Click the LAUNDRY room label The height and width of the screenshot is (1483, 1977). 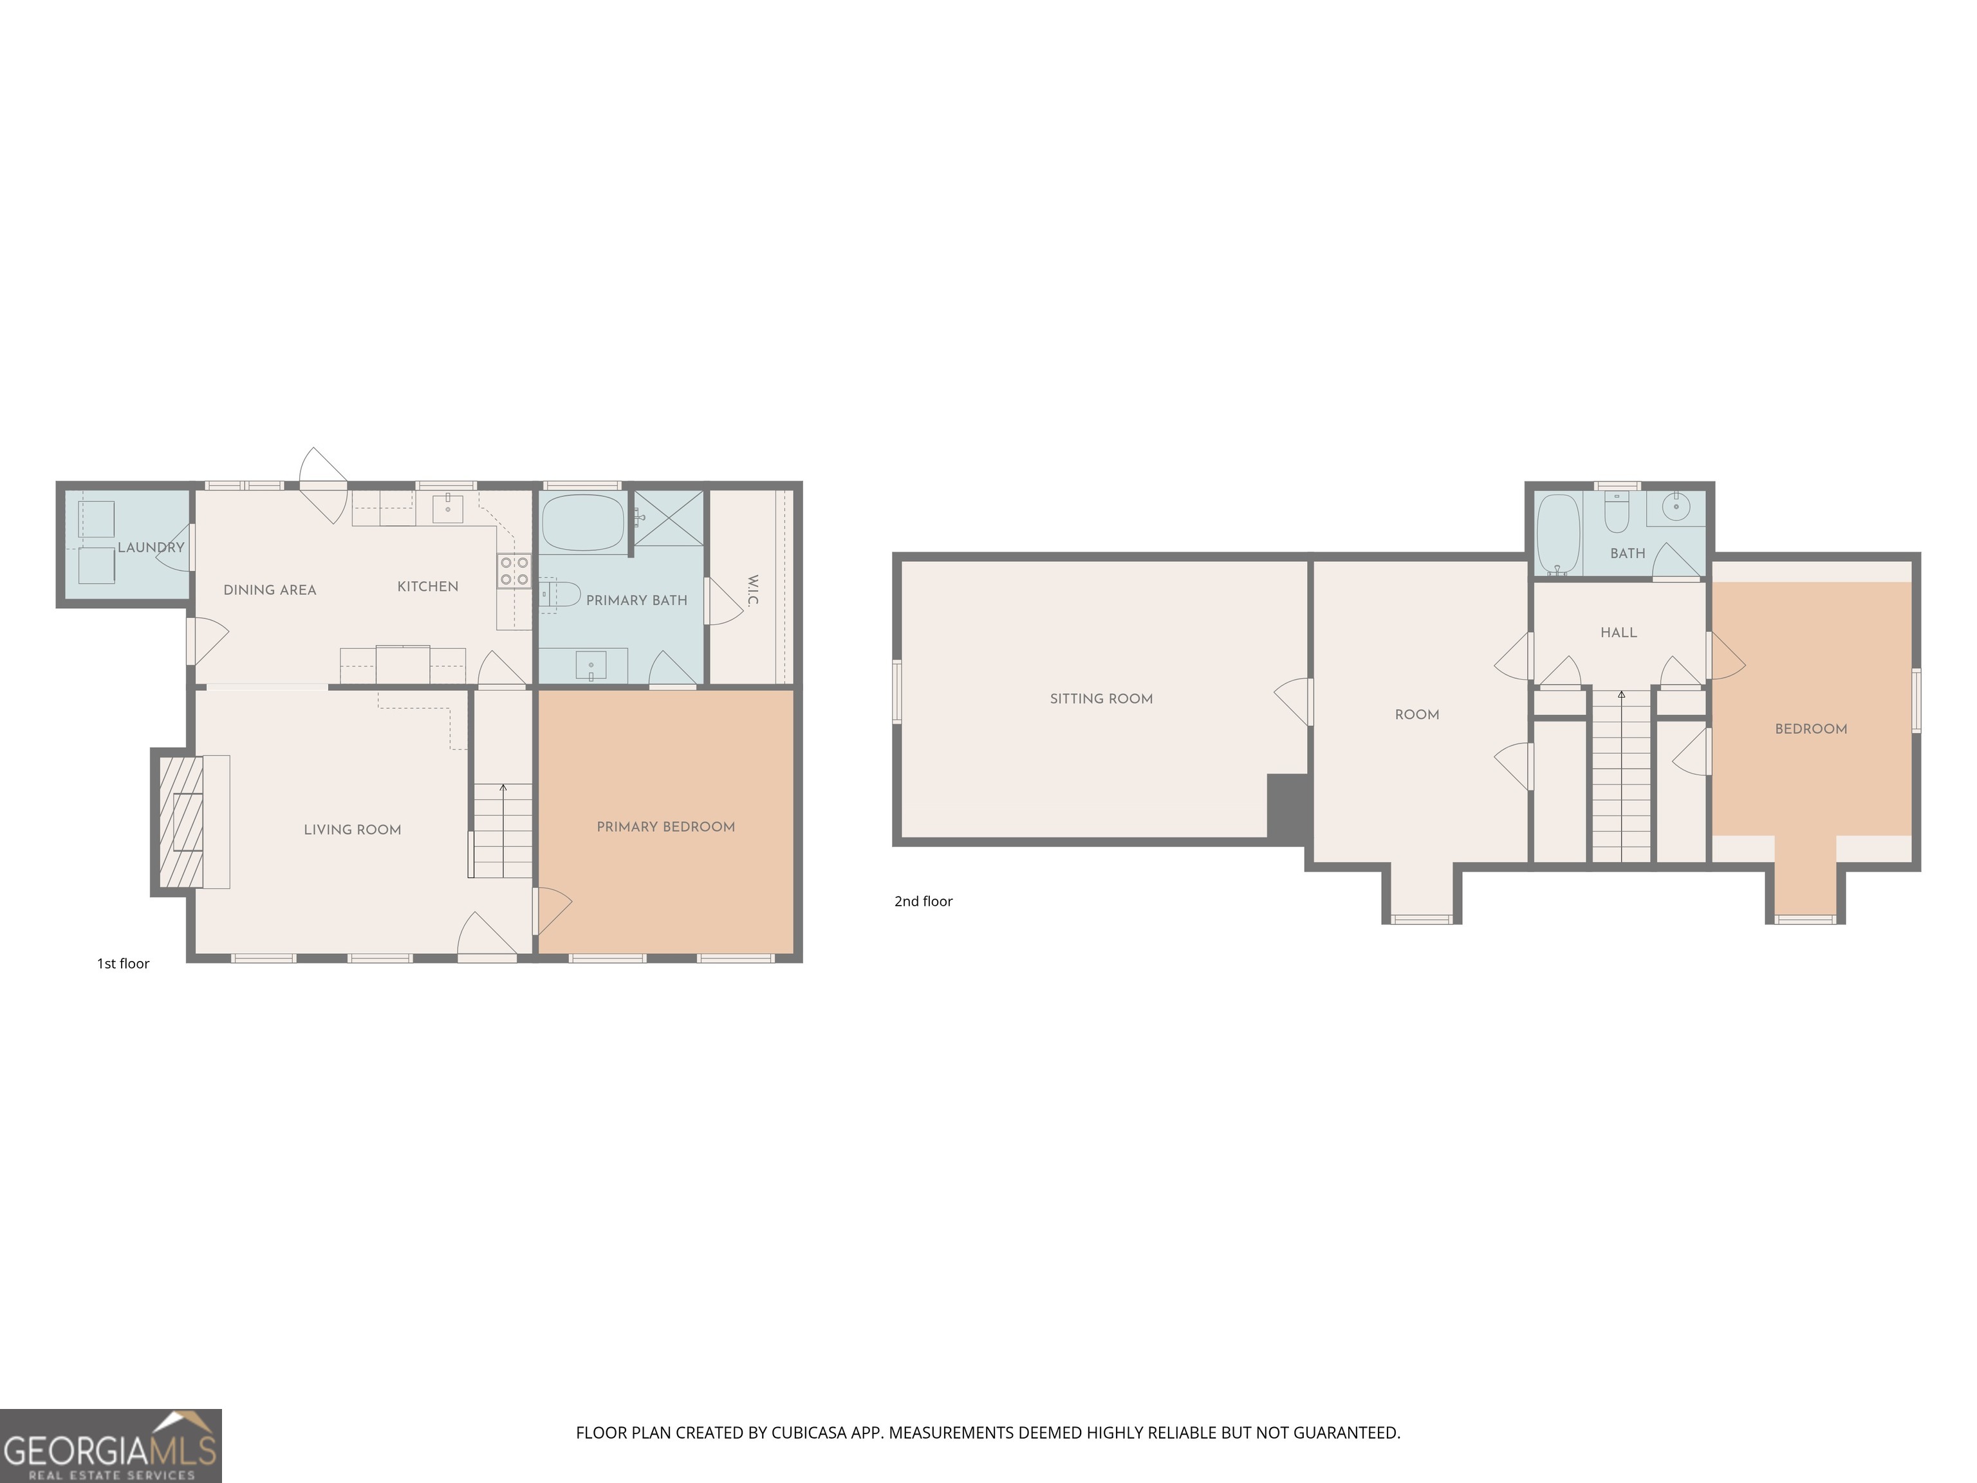point(151,547)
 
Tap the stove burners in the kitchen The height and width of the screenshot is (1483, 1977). point(514,571)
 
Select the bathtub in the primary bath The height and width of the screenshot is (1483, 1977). point(582,523)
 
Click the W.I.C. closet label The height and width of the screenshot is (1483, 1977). point(752,591)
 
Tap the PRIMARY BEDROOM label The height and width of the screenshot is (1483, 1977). point(666,827)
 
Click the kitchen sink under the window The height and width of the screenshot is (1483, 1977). point(448,508)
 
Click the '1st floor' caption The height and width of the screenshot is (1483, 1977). point(124,964)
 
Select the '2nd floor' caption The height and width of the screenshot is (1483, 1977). point(924,901)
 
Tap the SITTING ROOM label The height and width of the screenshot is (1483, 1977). point(1101,699)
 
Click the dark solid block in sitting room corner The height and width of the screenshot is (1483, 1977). point(1288,807)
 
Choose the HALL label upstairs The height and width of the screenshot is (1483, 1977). point(1619,633)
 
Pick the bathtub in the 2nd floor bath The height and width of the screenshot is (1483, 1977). point(1558,534)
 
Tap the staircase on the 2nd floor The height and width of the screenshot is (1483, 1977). point(1621,778)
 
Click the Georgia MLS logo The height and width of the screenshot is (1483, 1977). point(110,1446)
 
